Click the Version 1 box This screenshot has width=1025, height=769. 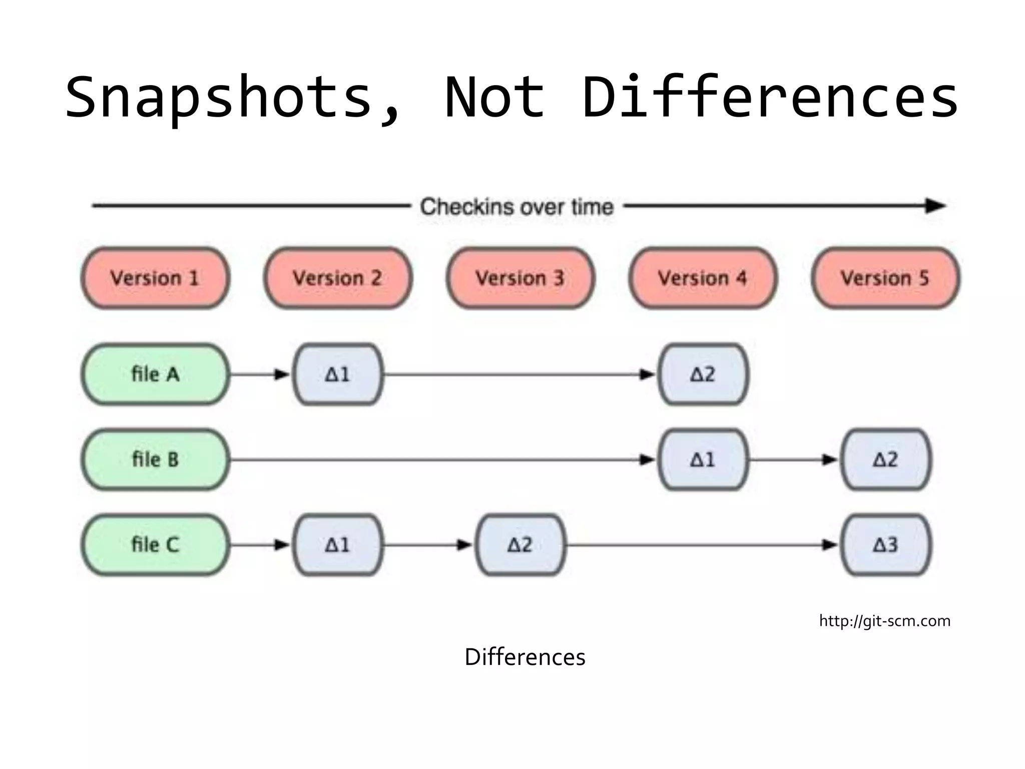point(155,278)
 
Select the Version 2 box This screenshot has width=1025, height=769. point(338,278)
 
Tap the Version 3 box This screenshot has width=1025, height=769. point(521,278)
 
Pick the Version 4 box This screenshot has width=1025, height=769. point(703,278)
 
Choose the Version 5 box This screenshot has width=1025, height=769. point(885,278)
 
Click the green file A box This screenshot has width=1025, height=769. point(155,374)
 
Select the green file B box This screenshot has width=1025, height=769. point(155,459)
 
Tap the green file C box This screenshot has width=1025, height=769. point(155,545)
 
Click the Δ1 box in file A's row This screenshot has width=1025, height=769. point(338,374)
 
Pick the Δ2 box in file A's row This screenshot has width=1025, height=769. point(703,374)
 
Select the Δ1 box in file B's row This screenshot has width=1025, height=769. point(703,459)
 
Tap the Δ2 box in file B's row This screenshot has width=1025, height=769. point(886,459)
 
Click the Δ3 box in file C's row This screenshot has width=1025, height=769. point(886,545)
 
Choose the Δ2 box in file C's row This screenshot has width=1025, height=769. point(521,545)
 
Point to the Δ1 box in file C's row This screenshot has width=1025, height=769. point(338,545)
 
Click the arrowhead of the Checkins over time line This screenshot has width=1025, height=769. point(935,206)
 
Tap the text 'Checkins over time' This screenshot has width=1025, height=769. point(517,207)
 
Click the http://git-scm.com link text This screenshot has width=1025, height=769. point(884,621)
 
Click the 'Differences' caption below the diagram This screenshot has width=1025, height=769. point(525,657)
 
